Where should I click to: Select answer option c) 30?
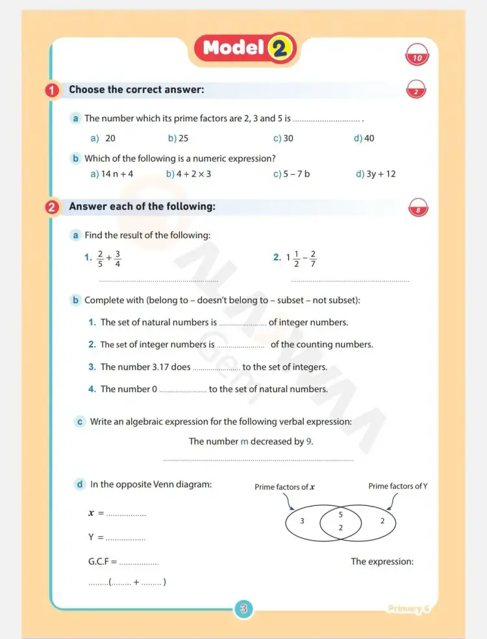click(x=283, y=138)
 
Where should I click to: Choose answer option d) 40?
click(x=364, y=138)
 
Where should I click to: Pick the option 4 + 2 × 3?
click(x=188, y=174)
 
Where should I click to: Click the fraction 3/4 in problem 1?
click(x=118, y=258)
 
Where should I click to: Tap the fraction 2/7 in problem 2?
click(x=313, y=258)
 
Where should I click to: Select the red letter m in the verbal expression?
click(x=245, y=442)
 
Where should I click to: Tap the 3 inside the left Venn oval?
click(x=302, y=521)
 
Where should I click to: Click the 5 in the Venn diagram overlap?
click(x=341, y=514)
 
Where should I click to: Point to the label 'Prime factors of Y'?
click(x=397, y=486)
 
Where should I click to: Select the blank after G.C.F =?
click(x=139, y=562)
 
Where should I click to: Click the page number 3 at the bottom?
click(x=243, y=609)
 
